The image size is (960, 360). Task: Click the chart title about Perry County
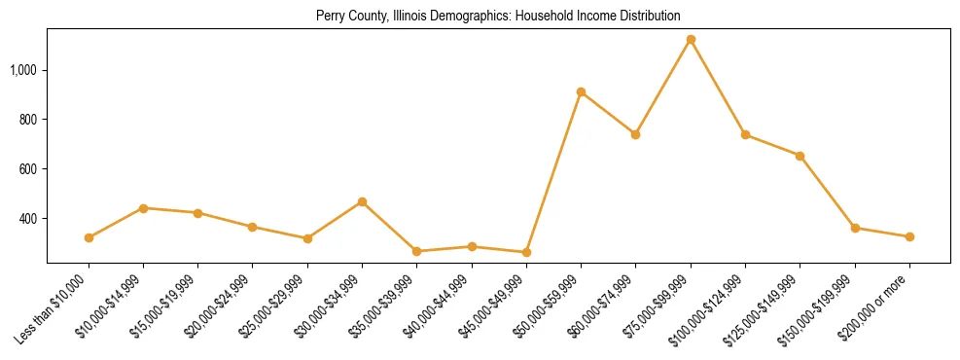click(x=498, y=17)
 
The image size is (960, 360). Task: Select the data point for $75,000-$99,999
click(x=691, y=40)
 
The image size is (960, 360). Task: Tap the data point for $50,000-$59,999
click(x=581, y=92)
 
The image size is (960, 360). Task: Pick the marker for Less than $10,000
click(x=89, y=237)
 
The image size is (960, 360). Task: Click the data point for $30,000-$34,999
click(x=362, y=201)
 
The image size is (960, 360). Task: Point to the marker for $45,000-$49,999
click(x=526, y=252)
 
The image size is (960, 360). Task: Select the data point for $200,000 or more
click(x=909, y=236)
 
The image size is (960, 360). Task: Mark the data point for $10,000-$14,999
click(x=143, y=208)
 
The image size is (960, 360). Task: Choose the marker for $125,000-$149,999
click(x=800, y=156)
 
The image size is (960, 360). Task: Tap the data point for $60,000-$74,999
click(x=635, y=134)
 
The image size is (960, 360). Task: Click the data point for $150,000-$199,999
click(x=855, y=228)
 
